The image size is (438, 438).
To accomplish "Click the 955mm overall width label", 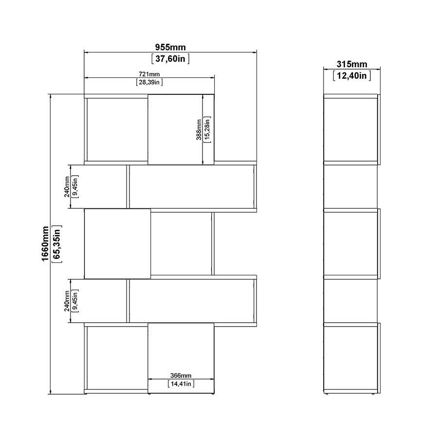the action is [170, 47].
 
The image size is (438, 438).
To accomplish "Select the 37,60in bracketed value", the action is [170, 59].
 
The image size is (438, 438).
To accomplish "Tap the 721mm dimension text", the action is [149, 74].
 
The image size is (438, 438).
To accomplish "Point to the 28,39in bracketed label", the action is [149, 82].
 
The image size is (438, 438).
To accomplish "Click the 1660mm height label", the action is [45, 244].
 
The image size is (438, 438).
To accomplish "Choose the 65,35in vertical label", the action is [57, 244].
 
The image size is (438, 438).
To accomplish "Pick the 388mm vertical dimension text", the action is [199, 129].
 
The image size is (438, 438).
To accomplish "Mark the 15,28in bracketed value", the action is [207, 129].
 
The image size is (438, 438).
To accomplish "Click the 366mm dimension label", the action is [181, 375].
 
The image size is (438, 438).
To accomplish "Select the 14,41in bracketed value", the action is [181, 383].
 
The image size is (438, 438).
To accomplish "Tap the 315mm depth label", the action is [352, 64].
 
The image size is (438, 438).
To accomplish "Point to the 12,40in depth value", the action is [352, 75].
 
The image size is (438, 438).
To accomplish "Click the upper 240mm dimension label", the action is [67, 186].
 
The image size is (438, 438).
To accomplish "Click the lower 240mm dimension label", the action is [67, 301].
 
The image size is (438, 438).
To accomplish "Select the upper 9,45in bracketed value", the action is [75, 186].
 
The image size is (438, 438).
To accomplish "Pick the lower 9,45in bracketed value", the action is [75, 301].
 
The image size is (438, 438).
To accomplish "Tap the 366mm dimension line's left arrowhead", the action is [150, 379].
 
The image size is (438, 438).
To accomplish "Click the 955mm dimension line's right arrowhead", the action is [255, 52].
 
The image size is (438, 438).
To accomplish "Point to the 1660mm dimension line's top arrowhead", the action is [50, 96].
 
